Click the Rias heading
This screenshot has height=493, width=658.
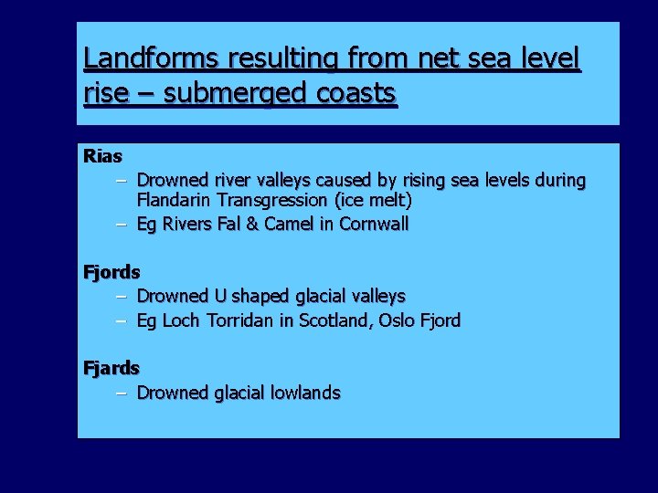102,156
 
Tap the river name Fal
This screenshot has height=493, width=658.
228,224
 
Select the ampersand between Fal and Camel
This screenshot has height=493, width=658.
252,224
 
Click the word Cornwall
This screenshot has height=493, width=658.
374,224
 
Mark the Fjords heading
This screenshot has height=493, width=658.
111,272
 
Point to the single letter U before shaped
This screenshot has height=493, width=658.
220,296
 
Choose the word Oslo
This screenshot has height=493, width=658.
405,320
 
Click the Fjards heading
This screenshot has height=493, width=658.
111,368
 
